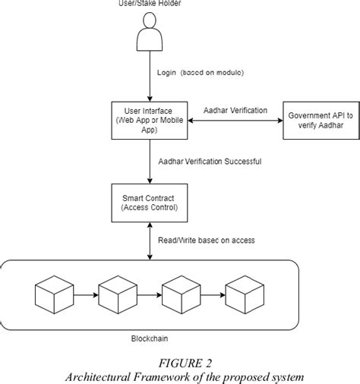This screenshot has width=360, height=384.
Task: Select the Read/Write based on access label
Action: pos(207,241)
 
